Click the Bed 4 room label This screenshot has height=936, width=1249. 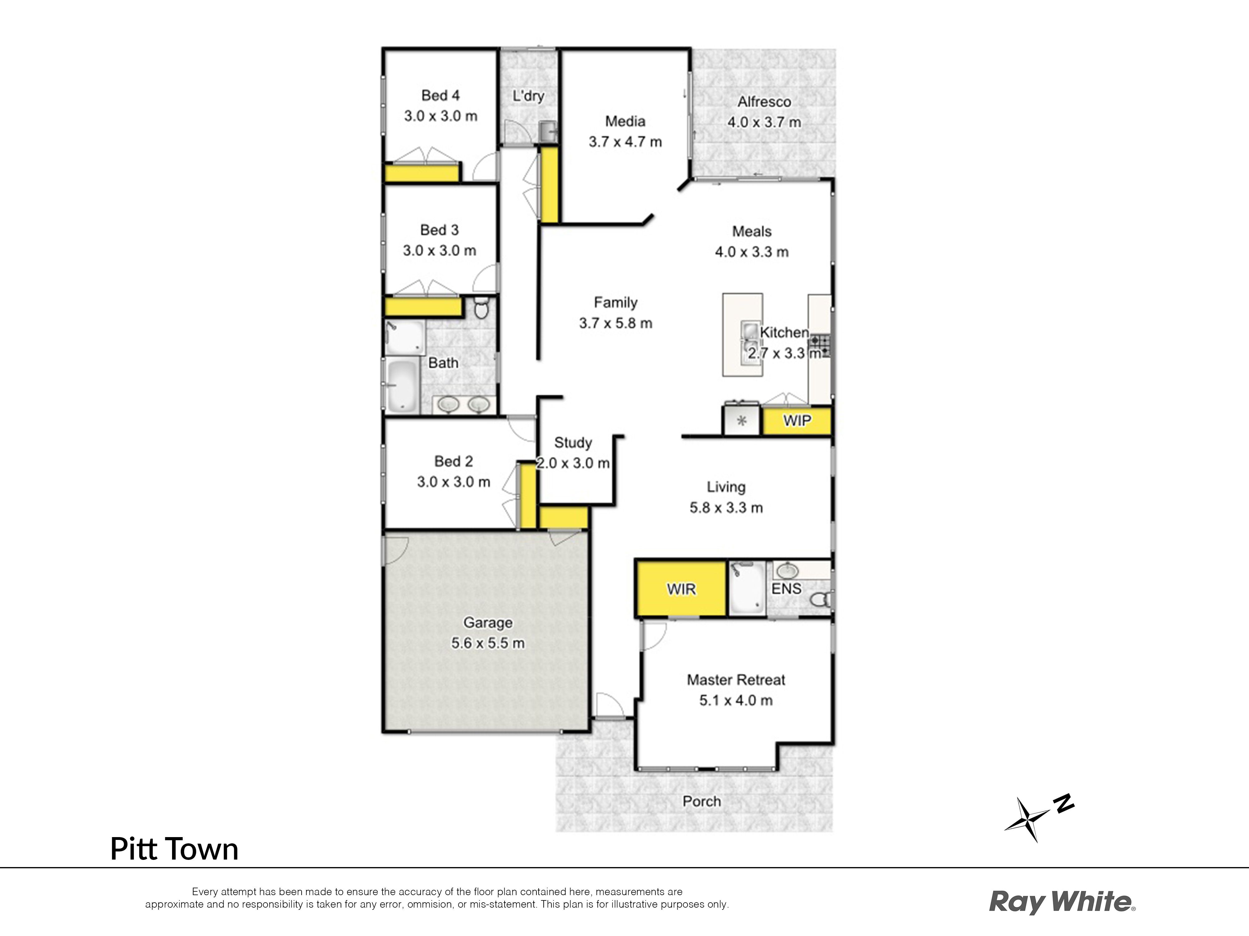[x=440, y=95]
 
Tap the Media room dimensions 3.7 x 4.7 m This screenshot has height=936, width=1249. [x=625, y=142]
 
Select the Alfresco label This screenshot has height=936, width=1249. [x=764, y=101]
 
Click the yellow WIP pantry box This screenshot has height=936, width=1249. [x=797, y=421]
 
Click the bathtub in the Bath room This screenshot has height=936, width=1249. [x=402, y=386]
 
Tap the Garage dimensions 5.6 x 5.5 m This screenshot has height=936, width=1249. [x=488, y=643]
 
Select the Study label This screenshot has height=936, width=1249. [x=573, y=443]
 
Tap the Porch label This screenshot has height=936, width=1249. [x=702, y=801]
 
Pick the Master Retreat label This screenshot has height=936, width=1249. [x=736, y=680]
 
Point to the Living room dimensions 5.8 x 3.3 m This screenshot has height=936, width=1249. [x=726, y=508]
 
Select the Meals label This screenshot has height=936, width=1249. [x=752, y=231]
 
